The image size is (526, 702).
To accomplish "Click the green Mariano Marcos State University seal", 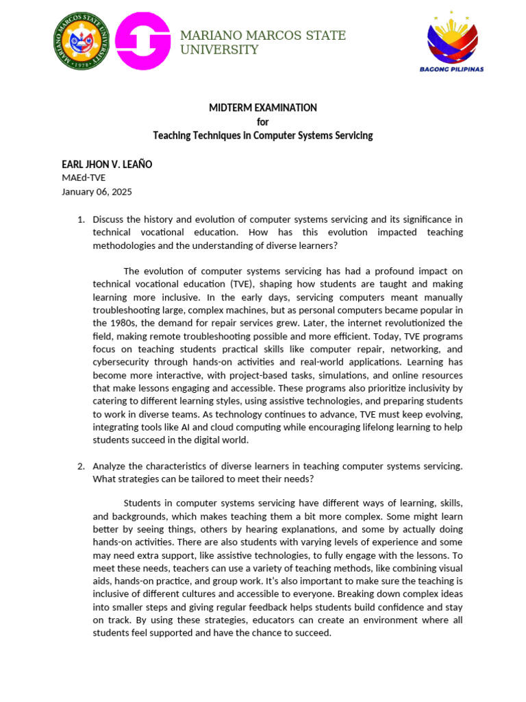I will [82, 42].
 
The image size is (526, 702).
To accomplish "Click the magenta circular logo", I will [142, 42].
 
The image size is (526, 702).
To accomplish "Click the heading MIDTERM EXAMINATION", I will [263, 108].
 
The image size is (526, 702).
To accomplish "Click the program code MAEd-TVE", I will [84, 178].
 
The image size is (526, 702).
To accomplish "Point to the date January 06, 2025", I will [97, 192].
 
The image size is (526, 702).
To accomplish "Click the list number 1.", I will [80, 219].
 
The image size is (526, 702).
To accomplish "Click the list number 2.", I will [80, 466].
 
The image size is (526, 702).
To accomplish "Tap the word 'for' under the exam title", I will [263, 121].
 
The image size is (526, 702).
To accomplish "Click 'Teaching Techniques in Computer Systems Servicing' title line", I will [263, 136].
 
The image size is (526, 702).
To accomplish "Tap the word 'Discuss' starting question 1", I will [110, 219].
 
